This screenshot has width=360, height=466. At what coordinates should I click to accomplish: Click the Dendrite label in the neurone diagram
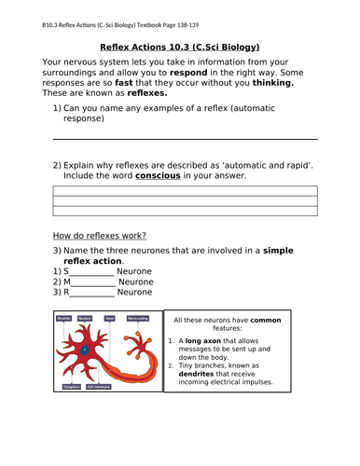coord(64,318)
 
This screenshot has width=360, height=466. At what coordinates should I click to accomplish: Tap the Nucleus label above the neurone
coord(85,318)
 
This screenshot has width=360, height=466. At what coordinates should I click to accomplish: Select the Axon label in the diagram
coord(110,318)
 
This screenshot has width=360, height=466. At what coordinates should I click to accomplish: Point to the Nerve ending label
coord(138,318)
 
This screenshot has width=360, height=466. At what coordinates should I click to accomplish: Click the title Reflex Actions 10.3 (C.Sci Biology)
coord(179,47)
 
